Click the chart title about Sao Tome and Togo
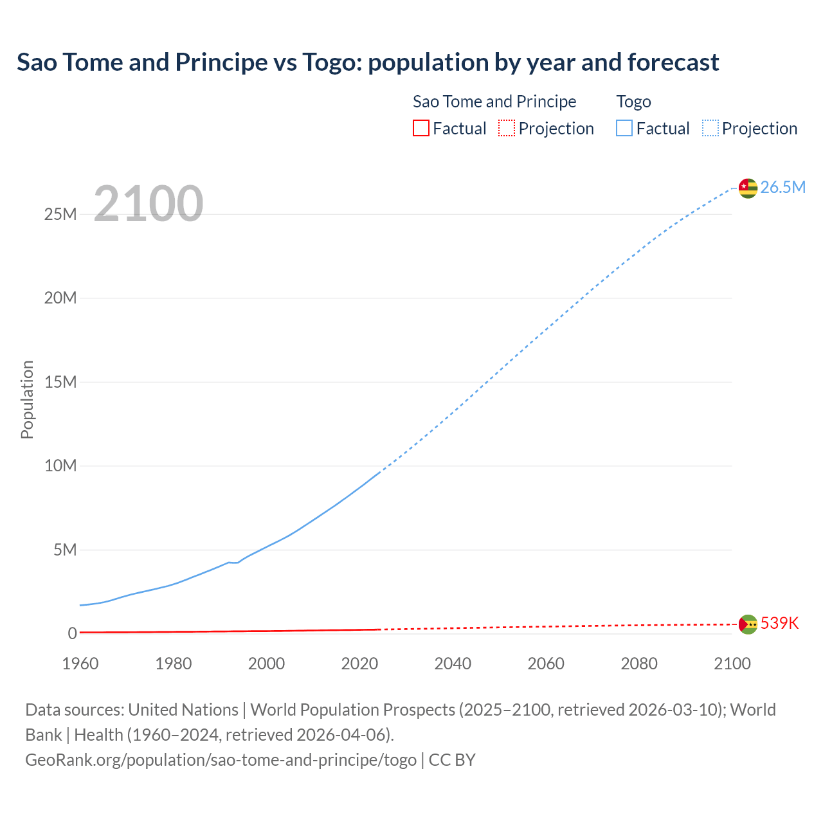pos(368,62)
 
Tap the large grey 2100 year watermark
pos(149,204)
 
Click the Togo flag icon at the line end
pos(748,188)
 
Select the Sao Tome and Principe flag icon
pos(748,624)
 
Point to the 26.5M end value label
pos(782,187)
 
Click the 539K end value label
pos(779,623)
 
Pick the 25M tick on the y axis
pos(60,214)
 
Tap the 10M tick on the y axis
pos(60,466)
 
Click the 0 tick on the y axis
pos(72,633)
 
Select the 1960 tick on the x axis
pos(80,664)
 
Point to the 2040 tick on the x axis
pos(453,664)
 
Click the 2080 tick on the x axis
pos(639,664)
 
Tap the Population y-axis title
pos(27,399)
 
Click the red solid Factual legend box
pos(421,128)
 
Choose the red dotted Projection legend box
pos(507,128)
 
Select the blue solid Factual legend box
pos(624,128)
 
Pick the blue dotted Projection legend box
pos(710,128)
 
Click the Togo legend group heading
pos(633,102)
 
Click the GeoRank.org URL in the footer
pos(221,760)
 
